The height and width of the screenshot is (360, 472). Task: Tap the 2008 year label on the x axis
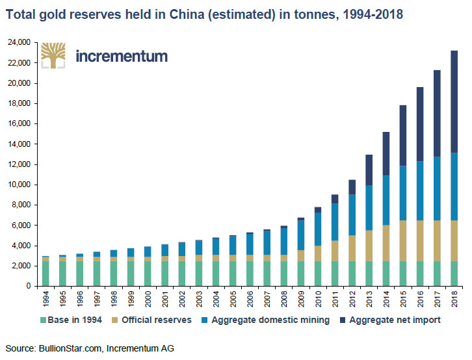pyautogui.click(x=283, y=300)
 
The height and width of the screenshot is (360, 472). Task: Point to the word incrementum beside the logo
pyautogui.click(x=122, y=56)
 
